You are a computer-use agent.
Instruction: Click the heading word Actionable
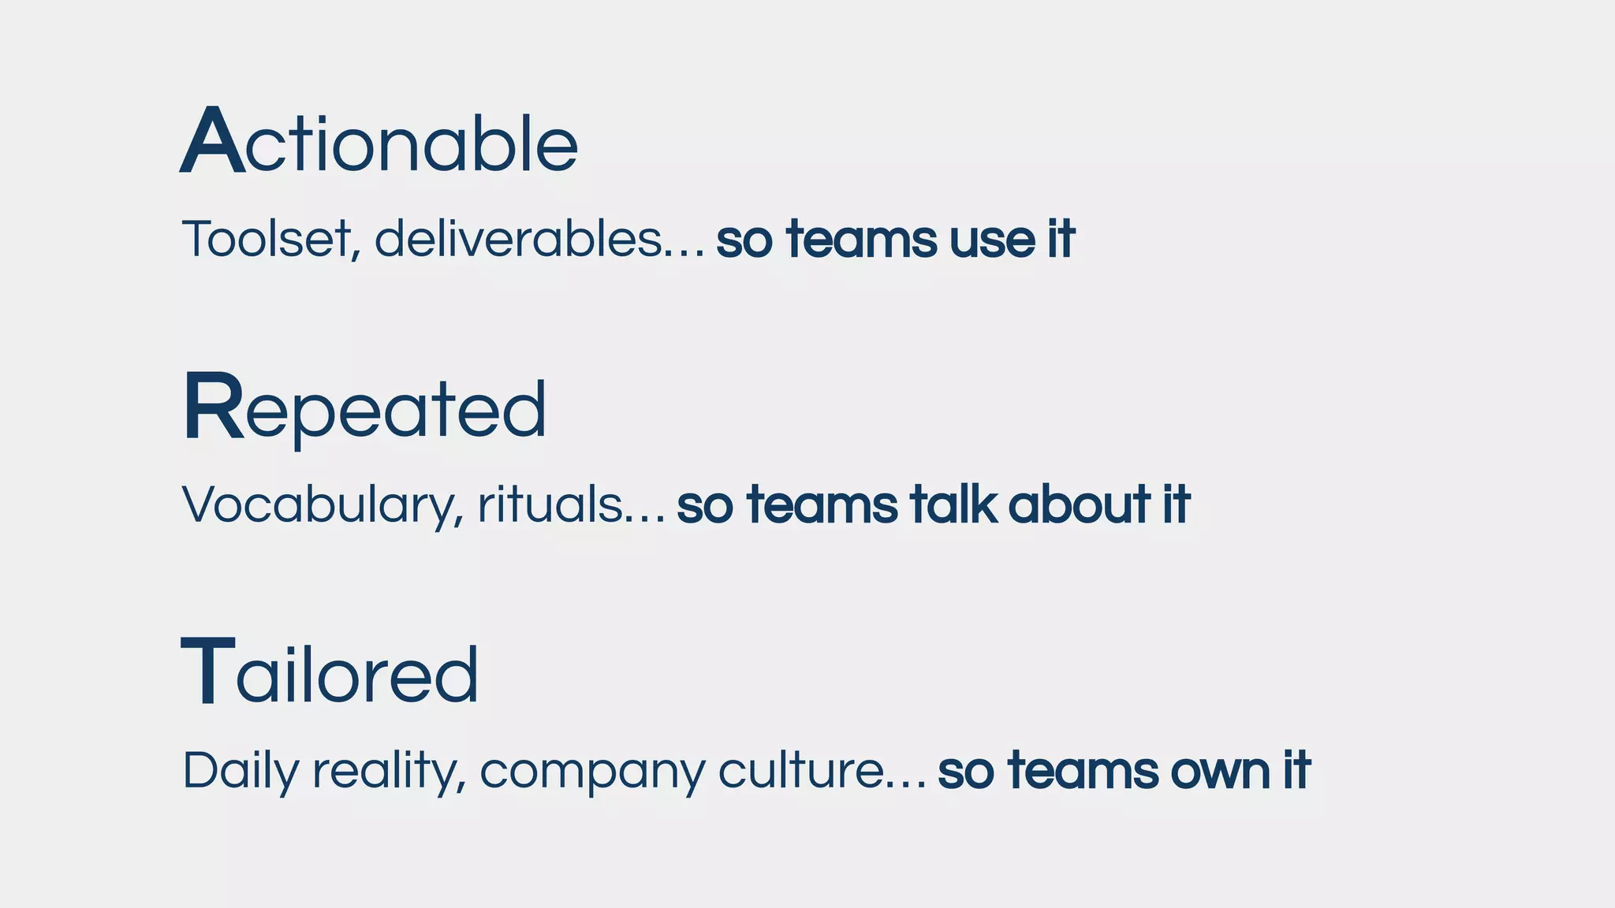pos(379,142)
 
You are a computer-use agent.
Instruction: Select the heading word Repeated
pos(364,408)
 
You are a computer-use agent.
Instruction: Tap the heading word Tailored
pos(330,674)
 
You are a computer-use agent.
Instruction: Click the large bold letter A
pos(212,142)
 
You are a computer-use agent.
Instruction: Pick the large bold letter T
pos(208,672)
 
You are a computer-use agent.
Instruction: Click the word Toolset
pos(267,239)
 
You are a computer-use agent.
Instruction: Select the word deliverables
pos(517,239)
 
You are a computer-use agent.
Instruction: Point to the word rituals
pos(550,504)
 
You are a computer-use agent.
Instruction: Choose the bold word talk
pos(953,504)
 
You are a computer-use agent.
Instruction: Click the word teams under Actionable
pos(862,240)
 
